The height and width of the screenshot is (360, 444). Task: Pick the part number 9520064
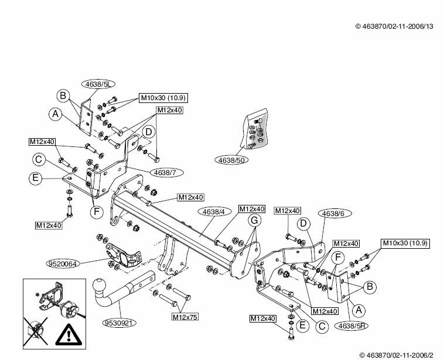coord(63,264)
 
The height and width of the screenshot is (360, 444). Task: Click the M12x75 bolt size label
coord(185,317)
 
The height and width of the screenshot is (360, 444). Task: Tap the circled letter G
coord(254,220)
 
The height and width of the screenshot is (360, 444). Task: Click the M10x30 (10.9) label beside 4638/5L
coord(163,98)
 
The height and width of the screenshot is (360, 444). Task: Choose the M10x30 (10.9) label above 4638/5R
coord(405,243)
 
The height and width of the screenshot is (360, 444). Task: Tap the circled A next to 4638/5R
coord(359,311)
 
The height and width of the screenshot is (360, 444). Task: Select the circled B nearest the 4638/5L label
coord(63,95)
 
